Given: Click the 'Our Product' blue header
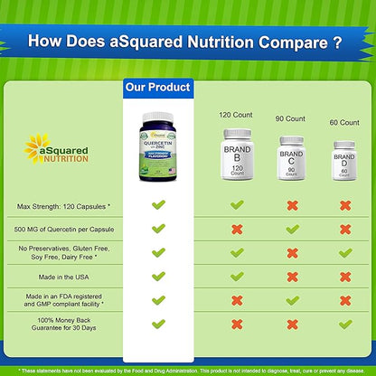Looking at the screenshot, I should click(x=157, y=87).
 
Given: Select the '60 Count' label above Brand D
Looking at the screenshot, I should click(x=344, y=122).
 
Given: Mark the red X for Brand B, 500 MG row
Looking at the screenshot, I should click(x=237, y=230).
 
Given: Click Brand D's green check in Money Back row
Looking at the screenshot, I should click(x=344, y=323).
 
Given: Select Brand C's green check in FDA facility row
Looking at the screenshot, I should click(x=291, y=299).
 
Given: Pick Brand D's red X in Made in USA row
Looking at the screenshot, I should click(x=344, y=276).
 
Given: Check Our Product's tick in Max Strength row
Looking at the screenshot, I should click(x=158, y=206).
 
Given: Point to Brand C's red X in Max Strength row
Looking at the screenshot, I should click(x=291, y=206).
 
